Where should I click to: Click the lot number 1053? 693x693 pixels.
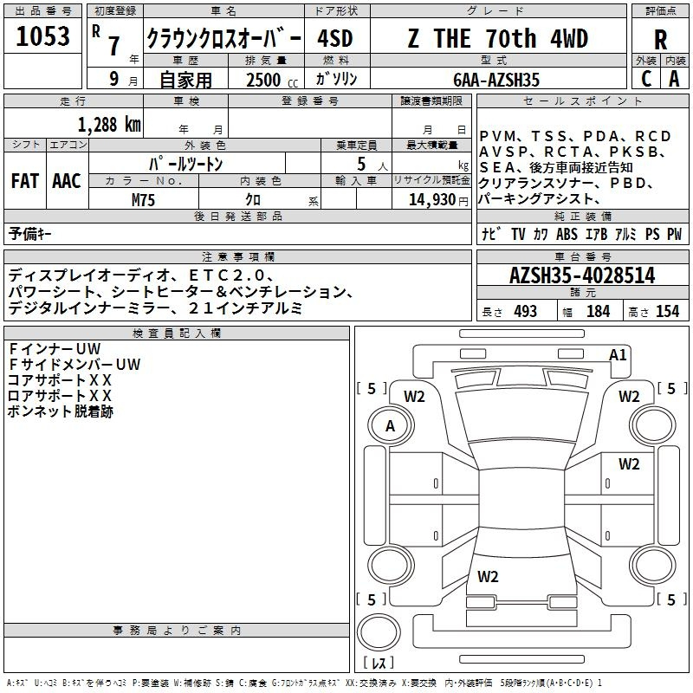point(42,36)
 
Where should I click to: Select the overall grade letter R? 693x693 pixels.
point(660,40)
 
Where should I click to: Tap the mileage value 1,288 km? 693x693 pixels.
point(109,125)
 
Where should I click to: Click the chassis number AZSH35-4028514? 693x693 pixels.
point(582,275)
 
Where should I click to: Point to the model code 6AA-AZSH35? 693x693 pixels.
point(496,80)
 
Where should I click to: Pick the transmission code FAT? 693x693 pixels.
point(25,181)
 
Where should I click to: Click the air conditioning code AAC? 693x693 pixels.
point(67,181)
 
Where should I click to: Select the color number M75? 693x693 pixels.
point(143,200)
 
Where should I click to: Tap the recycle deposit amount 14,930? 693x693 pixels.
point(431,200)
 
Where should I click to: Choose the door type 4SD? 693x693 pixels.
point(335,39)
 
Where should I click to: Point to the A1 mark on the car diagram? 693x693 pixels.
point(618,355)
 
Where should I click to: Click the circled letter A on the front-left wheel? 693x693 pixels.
point(391,426)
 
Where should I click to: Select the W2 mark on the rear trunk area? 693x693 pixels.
point(488,577)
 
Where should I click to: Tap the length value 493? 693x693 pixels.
point(526,312)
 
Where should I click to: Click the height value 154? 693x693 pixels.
point(667,312)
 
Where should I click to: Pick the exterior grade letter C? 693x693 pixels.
point(646,79)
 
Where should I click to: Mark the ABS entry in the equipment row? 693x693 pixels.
point(567,234)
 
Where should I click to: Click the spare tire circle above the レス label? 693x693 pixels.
point(379,631)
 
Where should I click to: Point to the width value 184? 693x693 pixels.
point(598,312)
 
